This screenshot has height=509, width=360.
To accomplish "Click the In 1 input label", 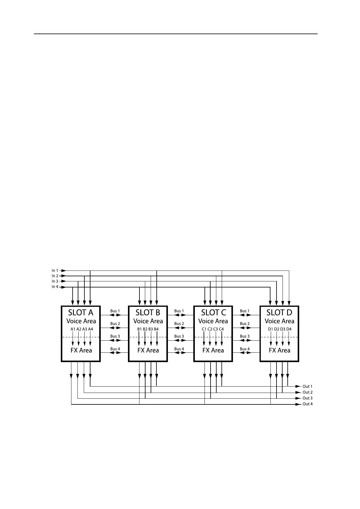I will [x=55, y=271].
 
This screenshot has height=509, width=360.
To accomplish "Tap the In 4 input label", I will [x=55, y=287].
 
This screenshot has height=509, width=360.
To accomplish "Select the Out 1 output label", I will [x=307, y=386].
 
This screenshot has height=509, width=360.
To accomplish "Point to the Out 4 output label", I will [x=307, y=404].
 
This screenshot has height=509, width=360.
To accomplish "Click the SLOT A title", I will [x=81, y=313].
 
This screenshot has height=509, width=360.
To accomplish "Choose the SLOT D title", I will [x=279, y=313].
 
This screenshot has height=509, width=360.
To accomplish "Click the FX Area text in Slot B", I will [x=148, y=350].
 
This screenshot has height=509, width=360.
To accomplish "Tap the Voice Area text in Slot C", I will [x=213, y=321].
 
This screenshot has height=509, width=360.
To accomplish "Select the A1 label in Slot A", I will [x=73, y=329].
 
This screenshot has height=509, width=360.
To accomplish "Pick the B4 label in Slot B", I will [x=156, y=329].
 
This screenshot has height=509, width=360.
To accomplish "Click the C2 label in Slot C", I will [x=210, y=329].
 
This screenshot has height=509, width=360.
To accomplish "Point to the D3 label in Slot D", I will [x=283, y=329].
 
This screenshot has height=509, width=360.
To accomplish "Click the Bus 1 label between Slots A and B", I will [x=115, y=311].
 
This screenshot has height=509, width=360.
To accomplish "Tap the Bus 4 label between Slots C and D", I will [x=245, y=349].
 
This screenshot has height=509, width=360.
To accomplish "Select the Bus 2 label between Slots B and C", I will [x=179, y=324].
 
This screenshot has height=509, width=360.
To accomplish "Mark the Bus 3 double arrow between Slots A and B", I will [x=115, y=341].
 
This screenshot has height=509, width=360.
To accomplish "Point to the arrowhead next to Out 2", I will [x=297, y=392].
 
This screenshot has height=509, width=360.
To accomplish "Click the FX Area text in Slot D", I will [x=280, y=350].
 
